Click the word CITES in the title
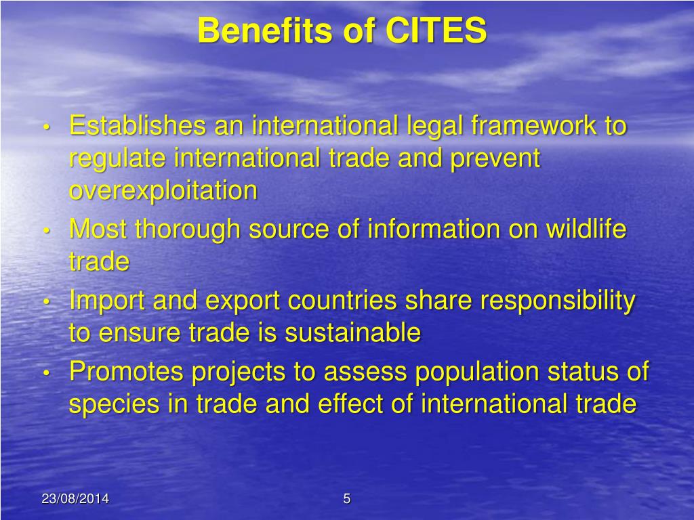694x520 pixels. [x=436, y=31]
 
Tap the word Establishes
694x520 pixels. [x=138, y=126]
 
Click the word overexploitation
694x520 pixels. [x=163, y=191]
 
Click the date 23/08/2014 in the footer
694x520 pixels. [x=75, y=500]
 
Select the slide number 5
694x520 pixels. [x=347, y=500]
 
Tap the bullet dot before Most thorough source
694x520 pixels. [x=47, y=231]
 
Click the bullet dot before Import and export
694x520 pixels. [x=47, y=303]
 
